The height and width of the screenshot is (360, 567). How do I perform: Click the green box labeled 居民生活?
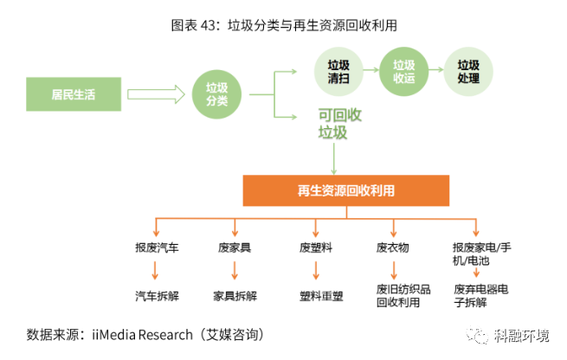(x=73, y=93)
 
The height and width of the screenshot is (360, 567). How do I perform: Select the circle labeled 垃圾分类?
(x=216, y=93)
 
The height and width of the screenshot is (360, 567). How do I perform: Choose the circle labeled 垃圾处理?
(x=467, y=70)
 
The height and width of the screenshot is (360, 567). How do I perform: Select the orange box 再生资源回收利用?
(x=346, y=190)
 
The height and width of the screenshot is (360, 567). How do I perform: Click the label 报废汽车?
(x=157, y=248)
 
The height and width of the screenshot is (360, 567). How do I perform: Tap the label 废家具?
(x=235, y=248)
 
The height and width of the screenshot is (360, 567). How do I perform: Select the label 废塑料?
(x=316, y=248)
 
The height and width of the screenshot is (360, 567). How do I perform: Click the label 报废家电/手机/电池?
(x=482, y=254)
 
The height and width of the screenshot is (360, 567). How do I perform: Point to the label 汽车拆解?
(x=157, y=295)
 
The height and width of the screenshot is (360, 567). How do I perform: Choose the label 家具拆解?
(x=235, y=295)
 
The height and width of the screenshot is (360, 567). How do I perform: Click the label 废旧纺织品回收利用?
(x=397, y=295)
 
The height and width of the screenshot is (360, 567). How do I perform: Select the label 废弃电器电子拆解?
(x=482, y=295)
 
